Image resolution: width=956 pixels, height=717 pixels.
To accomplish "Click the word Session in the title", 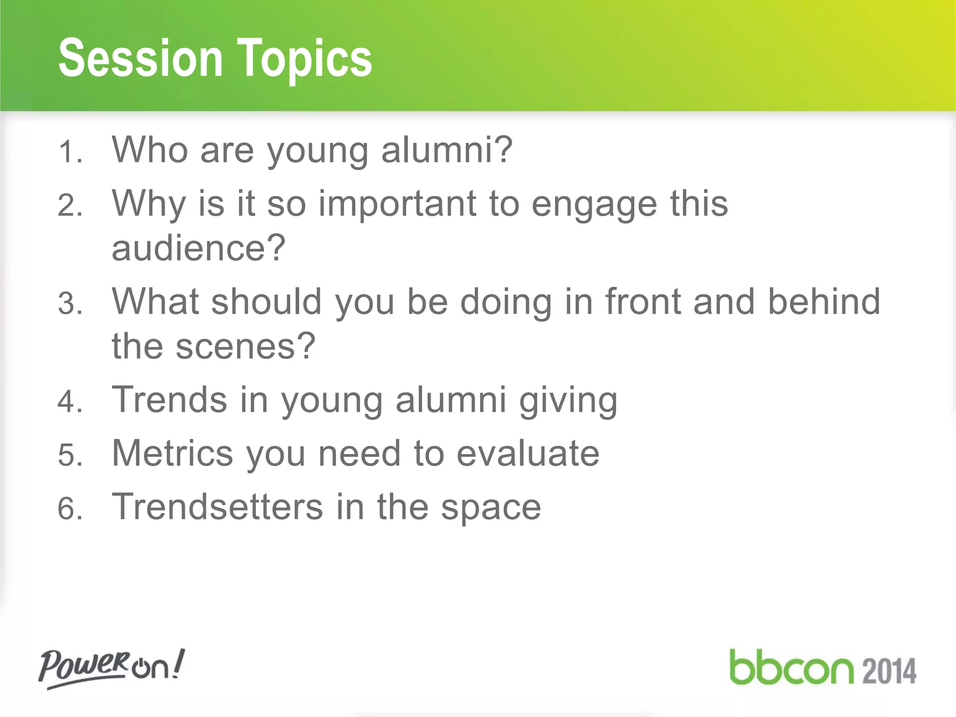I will (x=140, y=58).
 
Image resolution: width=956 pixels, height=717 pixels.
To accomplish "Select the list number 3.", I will (x=70, y=304).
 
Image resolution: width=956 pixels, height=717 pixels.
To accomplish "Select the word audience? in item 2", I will (x=198, y=248).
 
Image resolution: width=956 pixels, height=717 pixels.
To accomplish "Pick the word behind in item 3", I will (x=824, y=302).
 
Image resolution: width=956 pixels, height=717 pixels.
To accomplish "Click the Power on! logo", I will (x=111, y=668).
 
